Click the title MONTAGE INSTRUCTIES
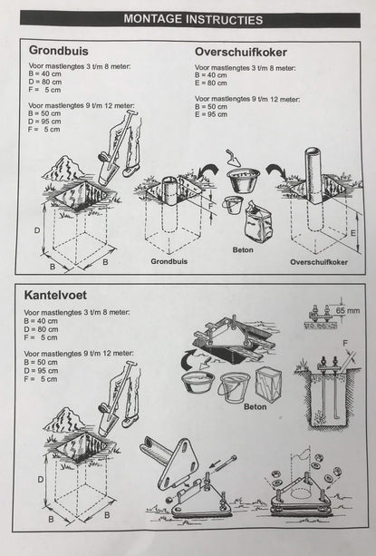192,18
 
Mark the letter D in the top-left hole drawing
37,230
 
